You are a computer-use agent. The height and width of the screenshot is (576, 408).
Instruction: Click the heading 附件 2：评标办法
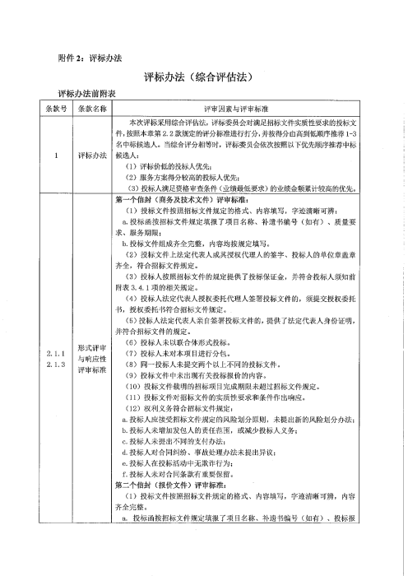(x=90, y=58)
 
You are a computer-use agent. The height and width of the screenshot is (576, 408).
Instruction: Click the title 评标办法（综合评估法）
(x=203, y=78)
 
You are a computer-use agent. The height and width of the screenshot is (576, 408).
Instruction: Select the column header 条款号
(x=55, y=108)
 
